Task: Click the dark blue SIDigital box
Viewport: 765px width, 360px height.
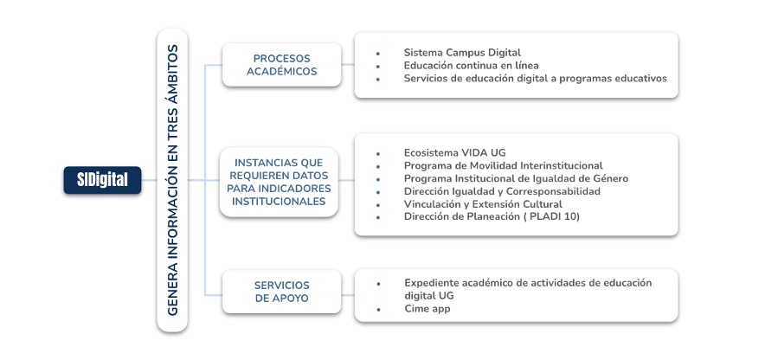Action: (x=102, y=180)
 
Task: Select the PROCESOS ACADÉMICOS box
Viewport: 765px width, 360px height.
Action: (x=281, y=65)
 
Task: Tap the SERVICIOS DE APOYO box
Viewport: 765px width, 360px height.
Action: (x=281, y=292)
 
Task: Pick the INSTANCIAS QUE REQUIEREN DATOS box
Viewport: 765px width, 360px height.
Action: (x=280, y=182)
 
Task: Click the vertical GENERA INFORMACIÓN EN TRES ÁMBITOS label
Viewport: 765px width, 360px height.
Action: (x=172, y=179)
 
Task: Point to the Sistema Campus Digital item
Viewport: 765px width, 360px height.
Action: (x=462, y=53)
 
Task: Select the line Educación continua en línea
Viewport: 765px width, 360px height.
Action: (x=471, y=65)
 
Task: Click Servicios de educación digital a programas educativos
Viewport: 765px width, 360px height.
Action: (x=535, y=78)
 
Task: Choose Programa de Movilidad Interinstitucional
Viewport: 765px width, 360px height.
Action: (x=503, y=165)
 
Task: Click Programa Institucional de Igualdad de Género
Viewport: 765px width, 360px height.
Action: (x=516, y=178)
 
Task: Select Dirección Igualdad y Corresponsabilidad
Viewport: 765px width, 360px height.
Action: (x=502, y=191)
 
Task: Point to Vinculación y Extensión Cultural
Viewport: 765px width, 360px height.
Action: (x=489, y=203)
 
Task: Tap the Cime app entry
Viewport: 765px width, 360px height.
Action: (x=427, y=309)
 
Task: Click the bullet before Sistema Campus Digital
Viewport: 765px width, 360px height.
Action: (x=378, y=54)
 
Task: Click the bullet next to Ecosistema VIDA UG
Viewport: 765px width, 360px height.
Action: (x=378, y=153)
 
